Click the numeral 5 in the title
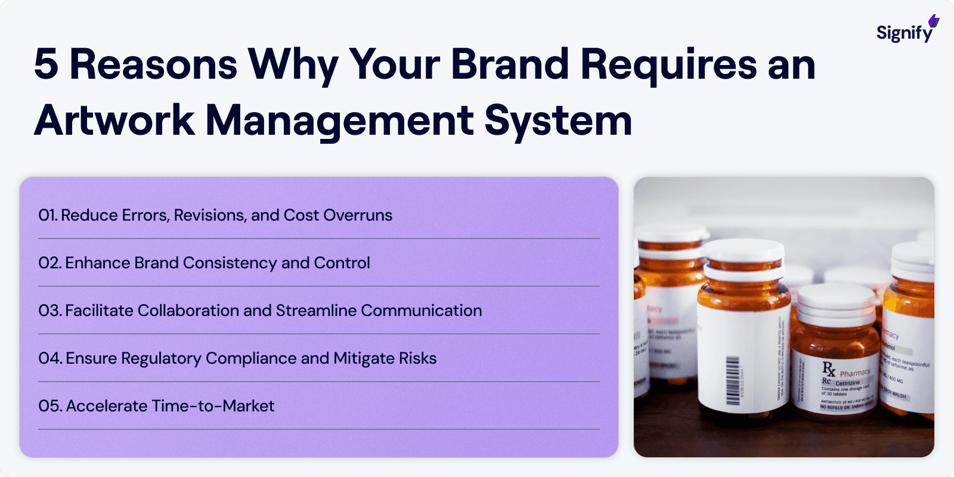pos(47,64)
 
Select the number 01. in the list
pos(48,215)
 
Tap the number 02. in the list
pos(50,263)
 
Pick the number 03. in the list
pos(50,311)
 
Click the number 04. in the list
pos(50,358)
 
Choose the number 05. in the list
pos(50,406)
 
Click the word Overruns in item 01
pos(358,215)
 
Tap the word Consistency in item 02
pos(230,263)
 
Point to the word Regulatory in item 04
pos(161,359)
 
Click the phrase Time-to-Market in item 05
pos(213,406)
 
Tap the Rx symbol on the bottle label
pos(829,368)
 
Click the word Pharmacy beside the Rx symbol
pos(855,373)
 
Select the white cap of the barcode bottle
pos(744,256)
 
